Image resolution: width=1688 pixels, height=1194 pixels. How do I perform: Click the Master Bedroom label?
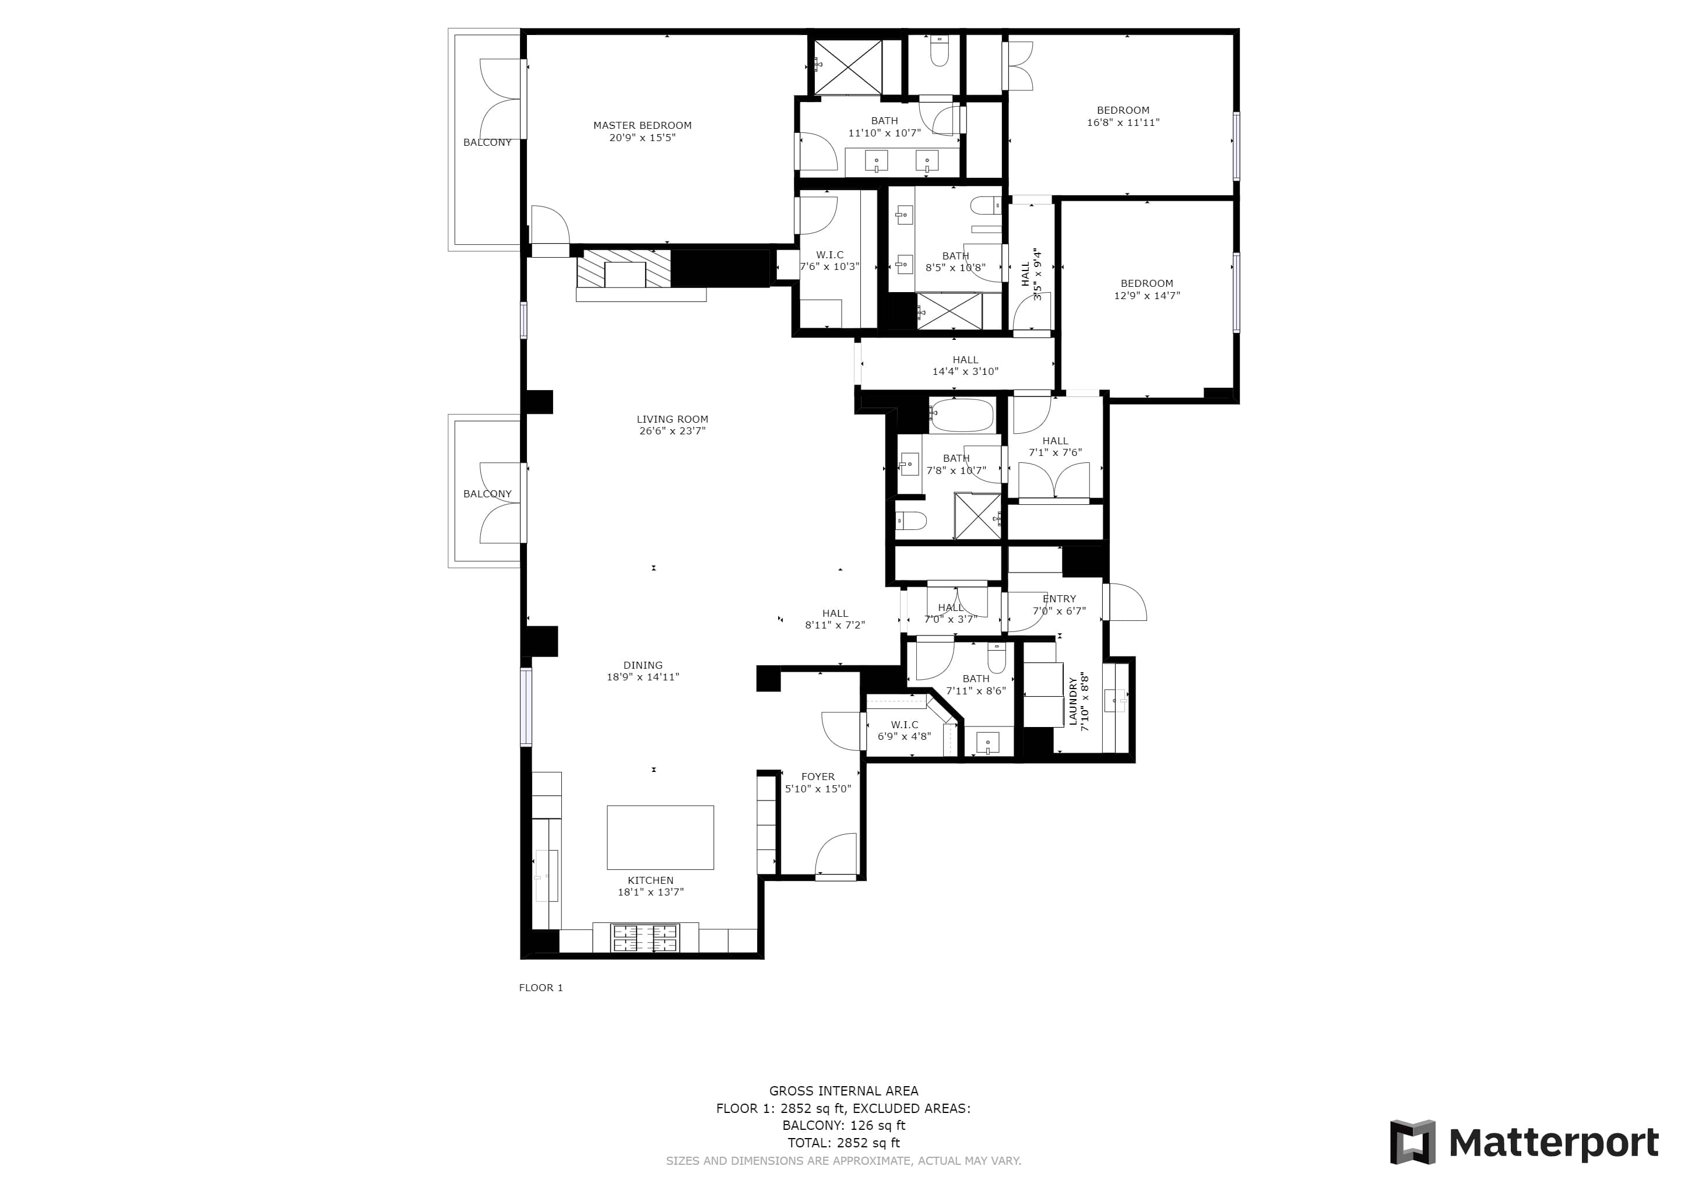click(x=642, y=126)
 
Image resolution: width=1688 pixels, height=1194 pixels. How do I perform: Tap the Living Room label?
click(x=672, y=419)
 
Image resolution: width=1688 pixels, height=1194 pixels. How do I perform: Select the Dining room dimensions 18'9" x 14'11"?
click(x=642, y=677)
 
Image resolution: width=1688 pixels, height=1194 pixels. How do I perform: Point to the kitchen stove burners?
click(x=645, y=937)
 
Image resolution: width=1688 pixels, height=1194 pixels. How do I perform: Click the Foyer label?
click(x=818, y=777)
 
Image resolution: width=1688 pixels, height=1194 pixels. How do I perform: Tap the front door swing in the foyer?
click(x=836, y=854)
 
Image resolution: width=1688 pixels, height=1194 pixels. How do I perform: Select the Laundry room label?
click(x=1072, y=701)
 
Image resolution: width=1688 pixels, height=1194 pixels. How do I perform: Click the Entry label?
click(x=1058, y=599)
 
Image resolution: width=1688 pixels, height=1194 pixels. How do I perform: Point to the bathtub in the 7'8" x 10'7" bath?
click(x=962, y=416)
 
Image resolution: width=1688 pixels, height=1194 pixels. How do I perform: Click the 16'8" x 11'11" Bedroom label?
click(x=1123, y=110)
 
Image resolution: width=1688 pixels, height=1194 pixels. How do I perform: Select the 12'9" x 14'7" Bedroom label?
click(x=1146, y=284)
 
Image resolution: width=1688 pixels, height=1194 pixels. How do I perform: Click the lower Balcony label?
click(x=487, y=494)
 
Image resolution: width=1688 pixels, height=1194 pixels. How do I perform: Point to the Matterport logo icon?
click(x=1412, y=1142)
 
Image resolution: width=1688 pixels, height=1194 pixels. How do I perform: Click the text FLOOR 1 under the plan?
click(x=540, y=988)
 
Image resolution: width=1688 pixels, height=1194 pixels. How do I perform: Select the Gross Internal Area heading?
click(x=843, y=1091)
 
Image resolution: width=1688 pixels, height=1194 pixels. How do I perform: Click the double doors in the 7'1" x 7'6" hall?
click(x=1054, y=484)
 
